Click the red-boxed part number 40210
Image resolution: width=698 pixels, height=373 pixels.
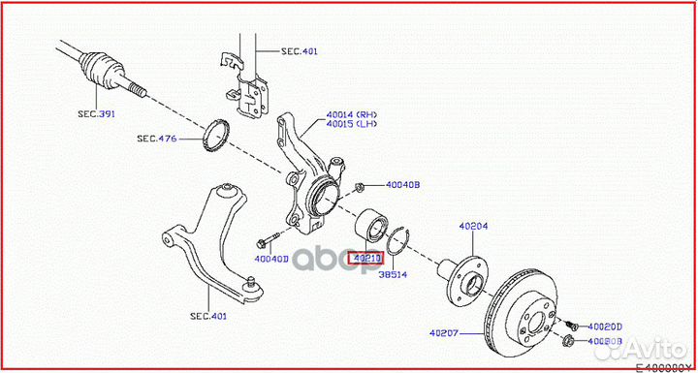click(366, 259)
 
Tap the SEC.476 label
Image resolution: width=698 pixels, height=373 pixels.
click(155, 139)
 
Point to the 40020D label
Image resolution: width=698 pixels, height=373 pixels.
click(604, 326)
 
